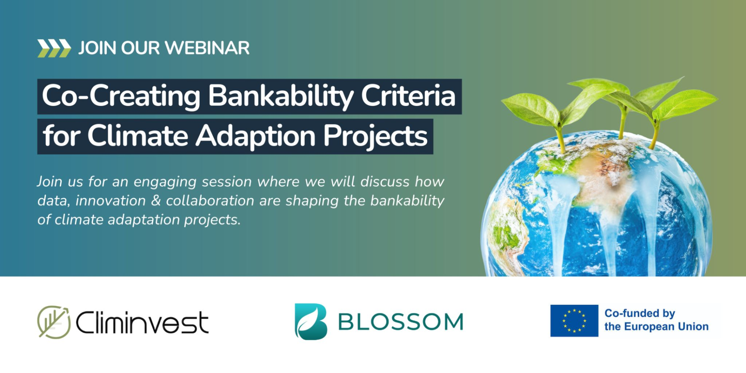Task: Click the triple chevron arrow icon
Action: click(x=54, y=48)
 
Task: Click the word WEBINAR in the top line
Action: click(x=207, y=48)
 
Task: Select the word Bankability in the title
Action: click(x=281, y=97)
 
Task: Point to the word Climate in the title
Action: click(x=138, y=135)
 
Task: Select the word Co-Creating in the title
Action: click(x=121, y=96)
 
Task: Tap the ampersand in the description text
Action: click(x=156, y=201)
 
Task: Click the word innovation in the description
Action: click(x=110, y=201)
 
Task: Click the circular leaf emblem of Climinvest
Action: click(x=54, y=322)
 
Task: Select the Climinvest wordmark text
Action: click(x=142, y=322)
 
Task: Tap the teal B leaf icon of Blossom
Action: click(x=311, y=322)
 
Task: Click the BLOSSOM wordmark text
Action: click(x=401, y=322)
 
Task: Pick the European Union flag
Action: click(x=574, y=321)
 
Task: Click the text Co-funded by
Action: click(x=640, y=314)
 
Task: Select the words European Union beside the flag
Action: click(x=667, y=327)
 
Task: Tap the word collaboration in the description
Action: click(x=210, y=201)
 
